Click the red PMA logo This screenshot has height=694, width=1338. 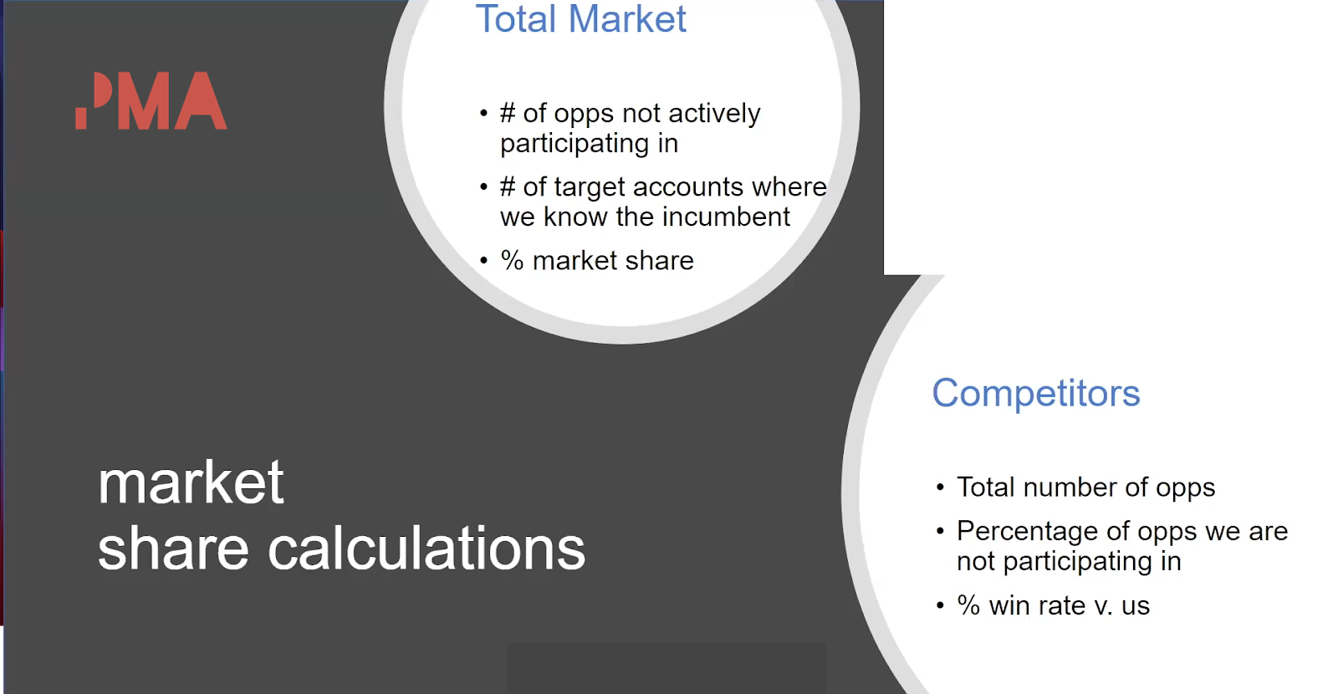tap(151, 100)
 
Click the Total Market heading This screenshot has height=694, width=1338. tap(580, 18)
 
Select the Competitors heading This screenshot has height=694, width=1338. tap(1036, 394)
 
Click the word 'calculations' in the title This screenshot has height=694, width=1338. tap(426, 549)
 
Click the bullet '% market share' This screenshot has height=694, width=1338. tap(597, 261)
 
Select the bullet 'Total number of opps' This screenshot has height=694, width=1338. tap(1085, 487)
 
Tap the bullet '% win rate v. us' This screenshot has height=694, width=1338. tap(1053, 605)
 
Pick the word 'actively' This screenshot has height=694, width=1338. tap(714, 114)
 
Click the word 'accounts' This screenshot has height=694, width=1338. tap(688, 187)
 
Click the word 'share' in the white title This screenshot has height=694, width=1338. tap(173, 549)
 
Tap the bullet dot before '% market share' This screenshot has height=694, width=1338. tap(484, 260)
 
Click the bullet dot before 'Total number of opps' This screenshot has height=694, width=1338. tap(940, 487)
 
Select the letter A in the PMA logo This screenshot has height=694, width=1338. tap(200, 100)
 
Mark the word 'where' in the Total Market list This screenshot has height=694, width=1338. tap(789, 187)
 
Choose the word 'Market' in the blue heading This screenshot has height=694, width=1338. tap(627, 18)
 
